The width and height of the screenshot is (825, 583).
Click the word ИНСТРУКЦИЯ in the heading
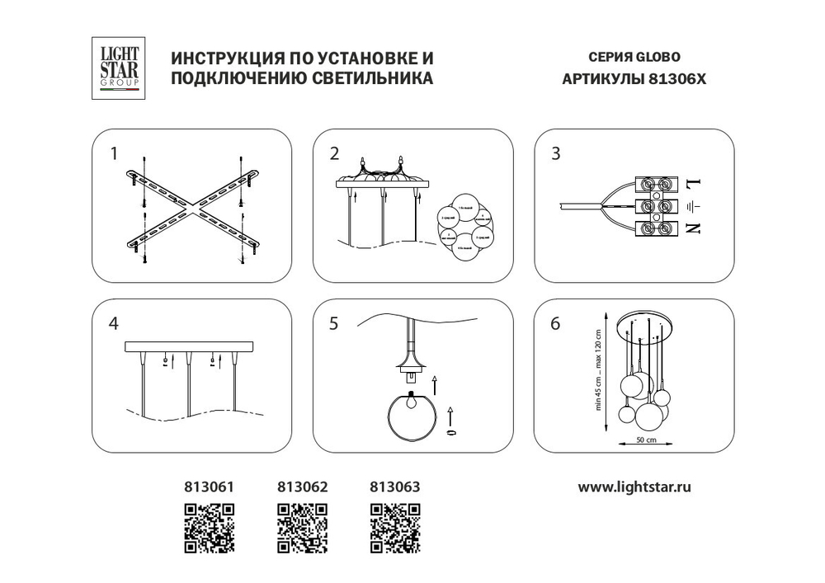tap(220, 59)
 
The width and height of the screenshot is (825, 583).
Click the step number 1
tap(115, 153)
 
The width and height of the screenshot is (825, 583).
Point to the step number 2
tap(334, 153)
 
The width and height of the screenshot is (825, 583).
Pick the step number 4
tap(115, 324)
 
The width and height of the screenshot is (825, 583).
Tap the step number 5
tap(334, 324)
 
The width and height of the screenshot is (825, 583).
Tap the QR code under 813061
tap(208, 528)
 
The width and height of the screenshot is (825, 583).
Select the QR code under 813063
tap(394, 528)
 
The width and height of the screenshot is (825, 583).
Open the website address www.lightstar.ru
tap(634, 487)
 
